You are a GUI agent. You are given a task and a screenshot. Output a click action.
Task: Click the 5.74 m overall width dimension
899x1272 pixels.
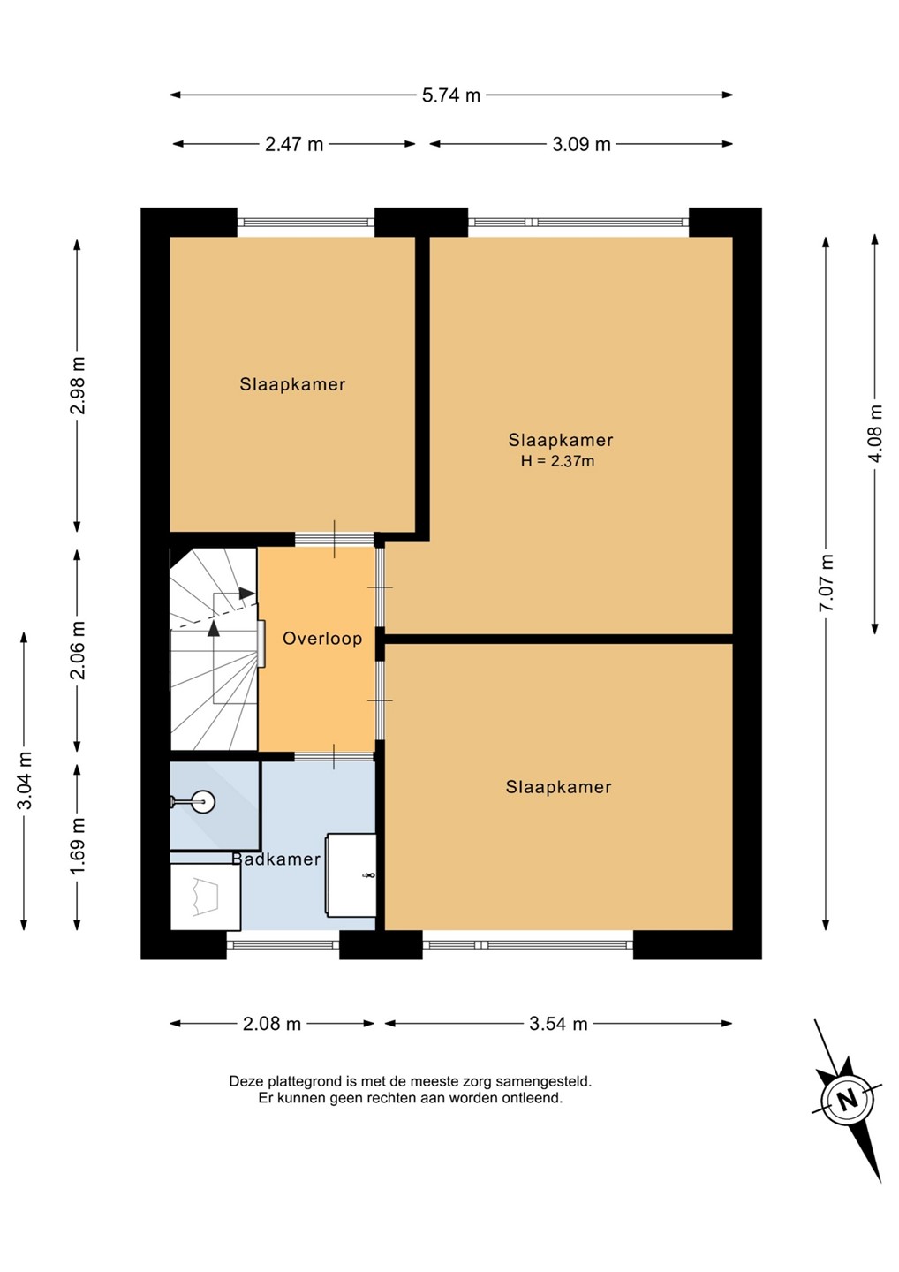[450, 95]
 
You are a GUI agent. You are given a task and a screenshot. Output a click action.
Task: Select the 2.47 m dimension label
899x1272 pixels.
[294, 144]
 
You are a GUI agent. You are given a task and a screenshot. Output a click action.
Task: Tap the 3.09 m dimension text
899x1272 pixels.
[581, 144]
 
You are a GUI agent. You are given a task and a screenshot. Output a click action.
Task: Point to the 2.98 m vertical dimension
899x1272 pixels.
[77, 385]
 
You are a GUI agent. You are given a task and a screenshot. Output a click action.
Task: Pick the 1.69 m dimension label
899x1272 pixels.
[77, 846]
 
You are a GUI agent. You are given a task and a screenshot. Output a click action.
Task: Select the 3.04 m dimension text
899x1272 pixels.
[25, 780]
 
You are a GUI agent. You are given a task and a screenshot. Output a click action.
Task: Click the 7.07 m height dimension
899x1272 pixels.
[826, 582]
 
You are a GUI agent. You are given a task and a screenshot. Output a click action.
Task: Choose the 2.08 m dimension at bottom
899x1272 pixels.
[272, 1024]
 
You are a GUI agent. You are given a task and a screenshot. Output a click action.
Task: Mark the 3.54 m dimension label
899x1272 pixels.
[558, 1024]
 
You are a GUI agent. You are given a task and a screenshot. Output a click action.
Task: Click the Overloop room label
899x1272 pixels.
[322, 639]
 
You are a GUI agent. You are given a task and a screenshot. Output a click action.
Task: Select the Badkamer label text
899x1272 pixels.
[276, 859]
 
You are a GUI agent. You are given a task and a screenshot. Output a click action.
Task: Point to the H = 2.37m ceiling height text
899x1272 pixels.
[558, 460]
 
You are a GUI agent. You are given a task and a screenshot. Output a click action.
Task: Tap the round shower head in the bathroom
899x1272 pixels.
[203, 801]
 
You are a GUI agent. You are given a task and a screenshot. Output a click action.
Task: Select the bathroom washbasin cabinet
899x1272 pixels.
[351, 875]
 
